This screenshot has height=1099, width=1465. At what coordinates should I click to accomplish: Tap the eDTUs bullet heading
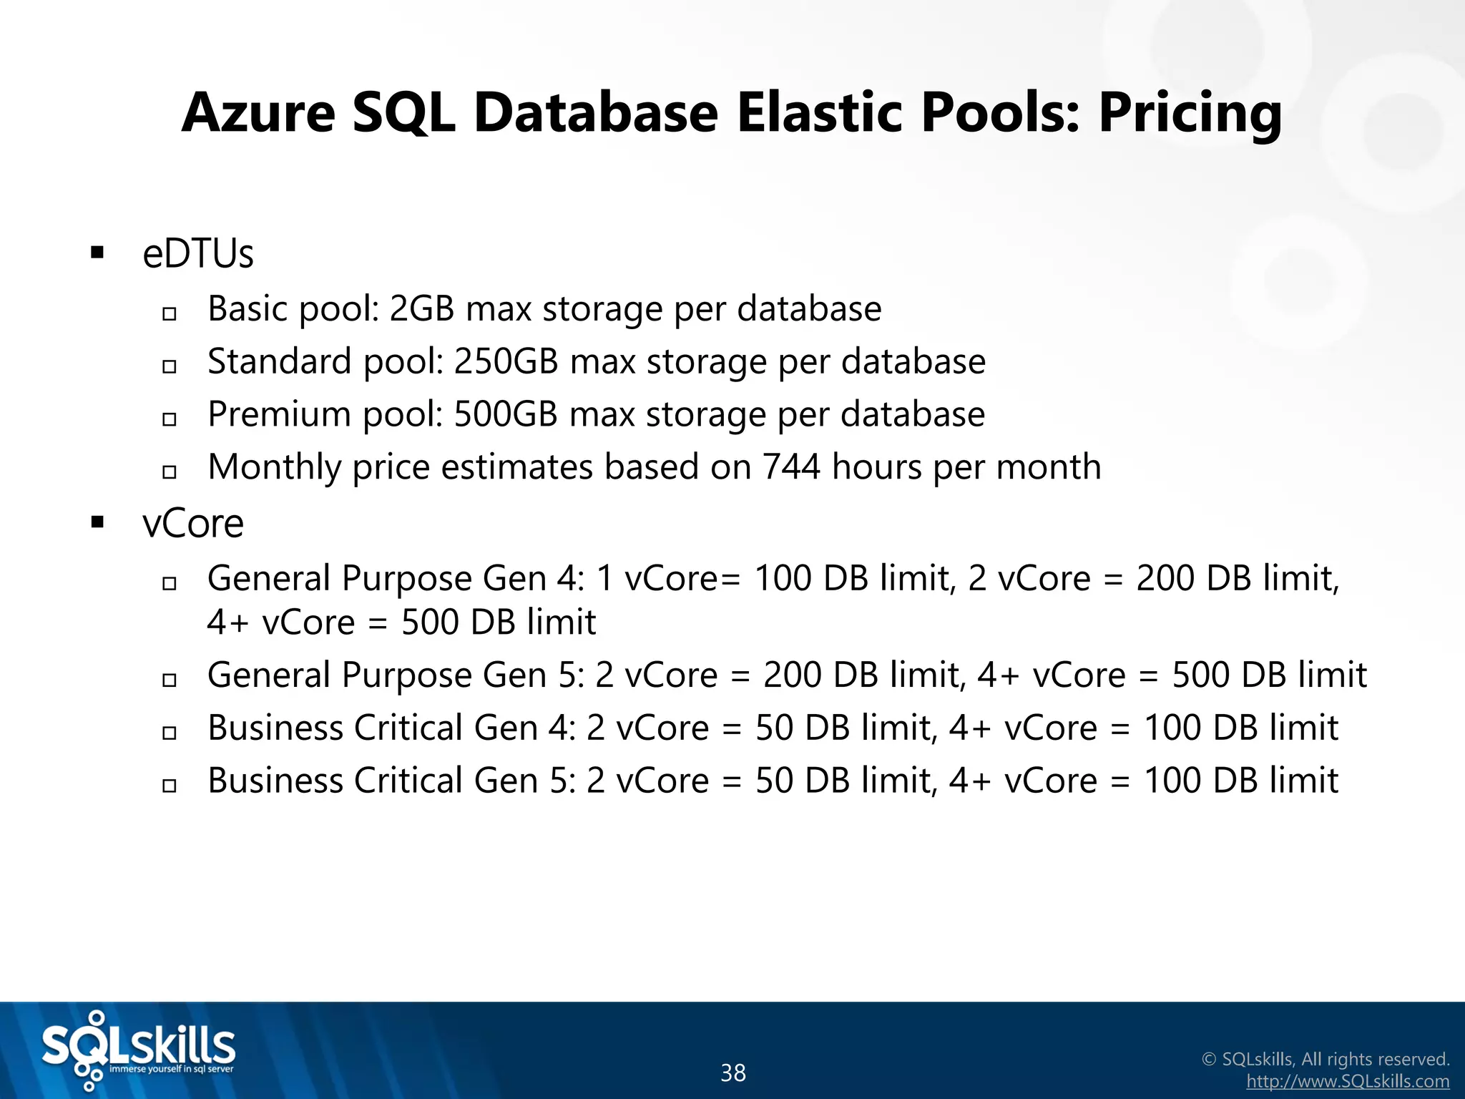pos(198,254)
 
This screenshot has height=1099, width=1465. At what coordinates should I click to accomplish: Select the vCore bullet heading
pos(193,524)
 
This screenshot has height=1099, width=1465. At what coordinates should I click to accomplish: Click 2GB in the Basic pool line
pos(422,309)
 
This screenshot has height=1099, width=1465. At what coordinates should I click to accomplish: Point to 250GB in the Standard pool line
pos(506,361)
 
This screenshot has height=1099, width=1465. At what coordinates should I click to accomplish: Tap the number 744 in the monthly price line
pos(790,467)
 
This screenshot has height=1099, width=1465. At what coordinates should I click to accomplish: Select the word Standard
pos(279,361)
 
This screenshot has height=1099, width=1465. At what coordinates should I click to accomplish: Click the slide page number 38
pos(733,1073)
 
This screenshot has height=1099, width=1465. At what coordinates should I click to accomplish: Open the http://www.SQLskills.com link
pos(1348,1081)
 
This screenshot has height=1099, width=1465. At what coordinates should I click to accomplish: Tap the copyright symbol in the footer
pos(1209,1059)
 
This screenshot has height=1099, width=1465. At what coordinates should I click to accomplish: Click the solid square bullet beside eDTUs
pos(98,253)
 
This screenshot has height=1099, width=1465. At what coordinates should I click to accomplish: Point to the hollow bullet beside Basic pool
pos(170,313)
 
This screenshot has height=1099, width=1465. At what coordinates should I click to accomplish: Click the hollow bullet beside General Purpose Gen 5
pos(170,680)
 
